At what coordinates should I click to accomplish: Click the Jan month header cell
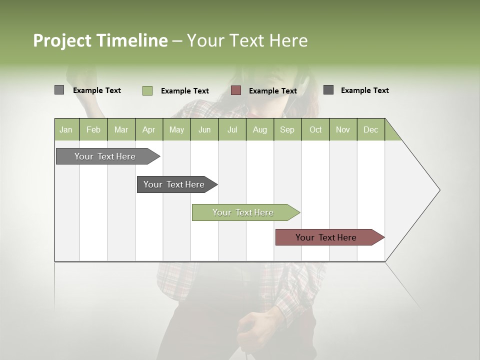coord(66,129)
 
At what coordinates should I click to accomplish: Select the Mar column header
coord(121,129)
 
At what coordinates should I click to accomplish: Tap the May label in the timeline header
coord(176,129)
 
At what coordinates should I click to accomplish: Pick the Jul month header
coord(232,129)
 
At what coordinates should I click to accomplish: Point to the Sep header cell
coord(287,129)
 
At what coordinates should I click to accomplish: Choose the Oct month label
coord(315,129)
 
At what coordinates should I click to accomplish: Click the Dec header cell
coord(370,129)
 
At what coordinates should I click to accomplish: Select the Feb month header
coord(93,129)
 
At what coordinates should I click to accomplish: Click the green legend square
coord(147,90)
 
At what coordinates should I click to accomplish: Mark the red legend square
coord(236,90)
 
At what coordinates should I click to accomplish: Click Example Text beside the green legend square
coord(184,91)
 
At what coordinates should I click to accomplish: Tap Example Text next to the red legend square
coord(272,91)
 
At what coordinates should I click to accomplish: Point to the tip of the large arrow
coord(438,190)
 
